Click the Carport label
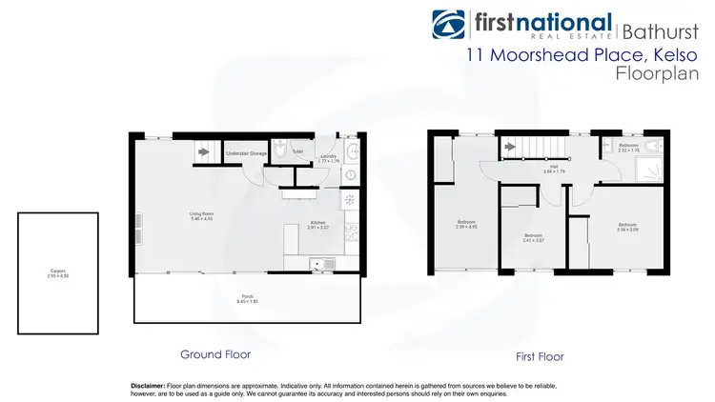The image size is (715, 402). click(57, 271)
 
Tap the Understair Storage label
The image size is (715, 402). click(244, 152)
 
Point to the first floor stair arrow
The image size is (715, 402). click(511, 146)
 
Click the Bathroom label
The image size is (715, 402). click(628, 145)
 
